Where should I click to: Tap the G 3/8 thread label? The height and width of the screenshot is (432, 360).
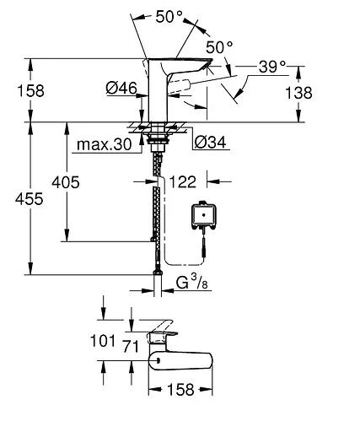(192, 283)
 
